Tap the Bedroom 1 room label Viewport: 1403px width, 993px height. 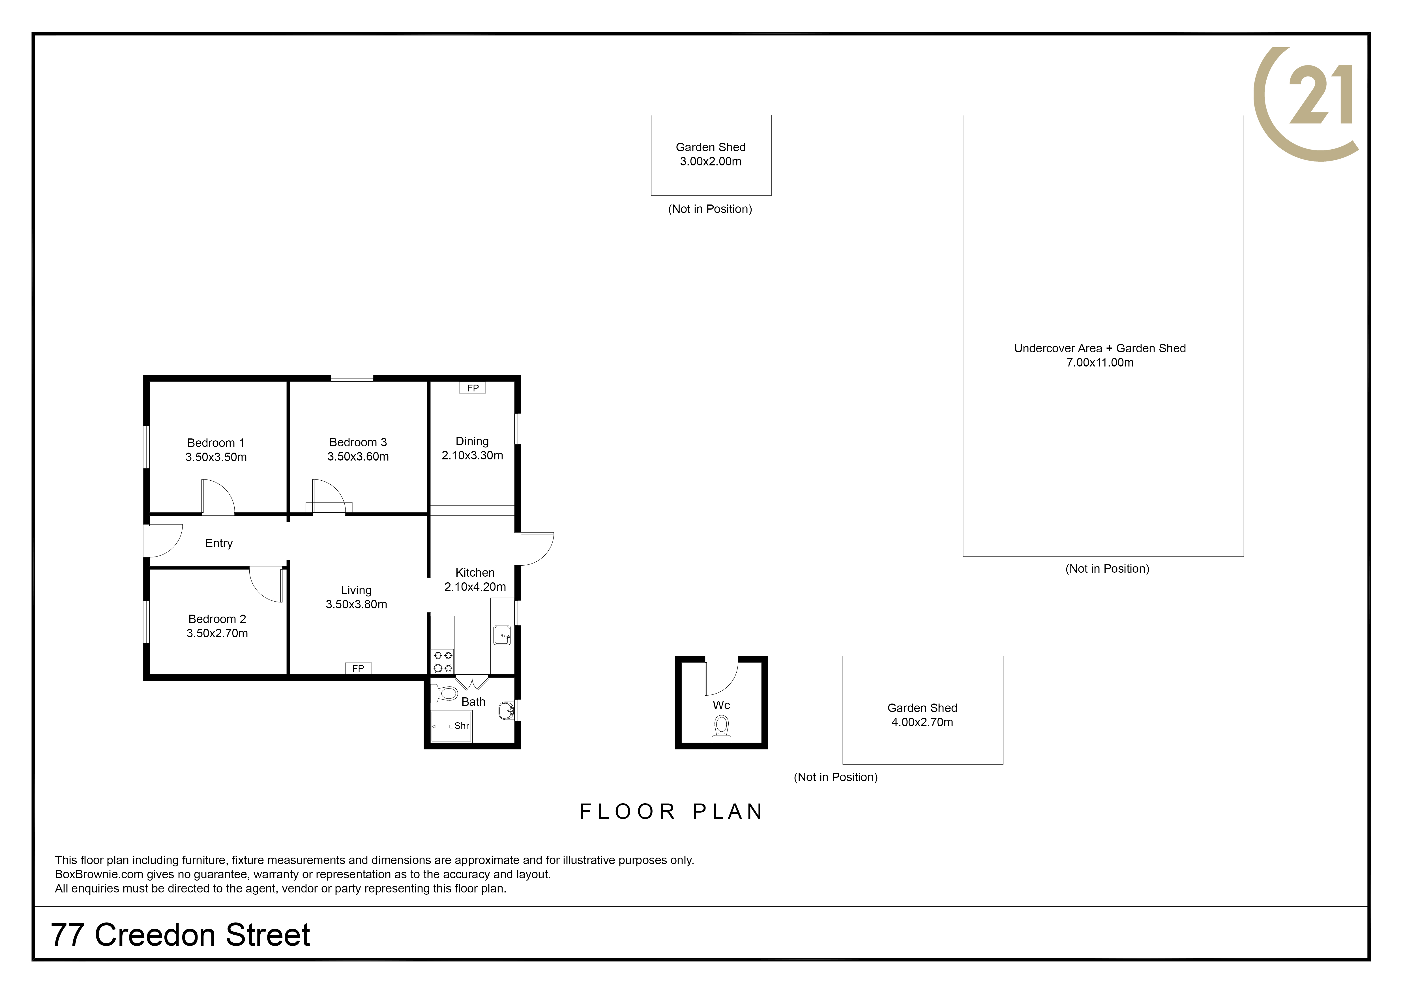coord(216,443)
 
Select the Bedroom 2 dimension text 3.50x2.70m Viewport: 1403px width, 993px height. coord(217,634)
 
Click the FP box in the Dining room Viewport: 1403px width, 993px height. coord(472,388)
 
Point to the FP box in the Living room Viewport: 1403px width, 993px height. coord(358,668)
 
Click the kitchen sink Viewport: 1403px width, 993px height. coord(502,635)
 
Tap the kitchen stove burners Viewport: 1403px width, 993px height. coord(443,662)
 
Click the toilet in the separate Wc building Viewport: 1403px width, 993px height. coord(722,728)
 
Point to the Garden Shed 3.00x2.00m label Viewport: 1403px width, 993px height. coord(711,154)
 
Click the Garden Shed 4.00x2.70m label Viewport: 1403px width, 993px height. coord(922,715)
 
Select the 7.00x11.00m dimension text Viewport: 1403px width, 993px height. coord(1100,363)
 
